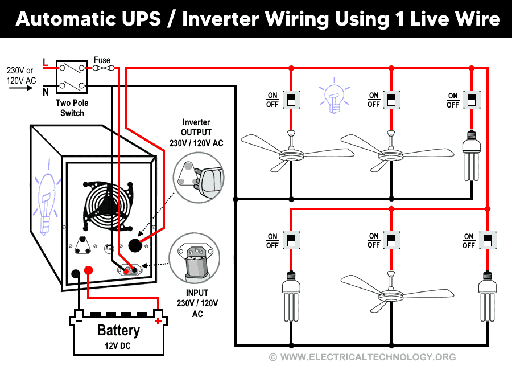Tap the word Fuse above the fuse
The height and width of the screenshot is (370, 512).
[102, 60]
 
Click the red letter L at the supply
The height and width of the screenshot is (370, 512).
[46, 61]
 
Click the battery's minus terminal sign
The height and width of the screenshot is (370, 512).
[79, 321]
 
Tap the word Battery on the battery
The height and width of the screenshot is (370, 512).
[118, 331]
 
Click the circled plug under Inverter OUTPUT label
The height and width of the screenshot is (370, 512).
[196, 178]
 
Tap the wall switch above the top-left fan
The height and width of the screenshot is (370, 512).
[291, 100]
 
